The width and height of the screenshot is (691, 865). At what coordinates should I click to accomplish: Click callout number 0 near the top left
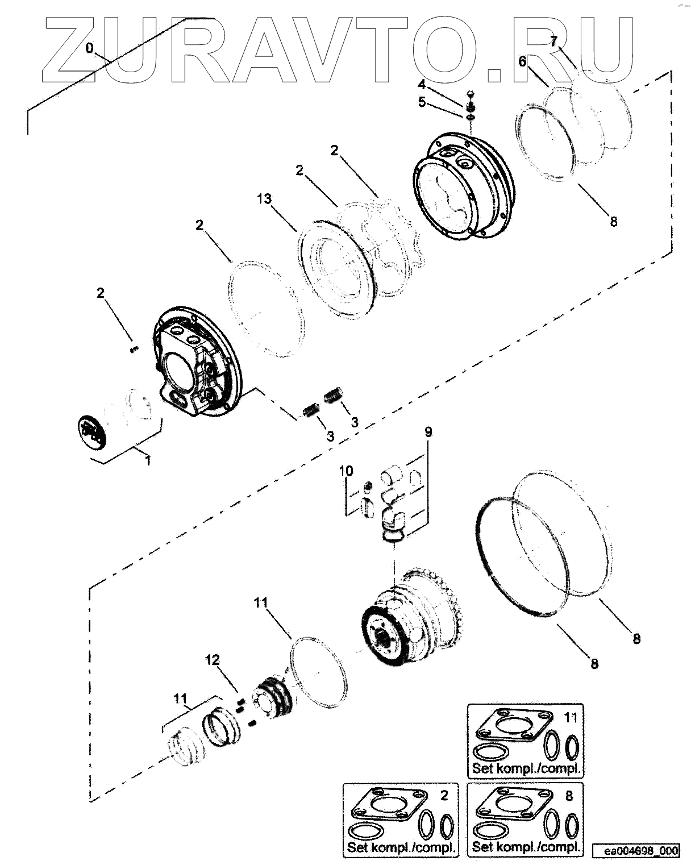click(89, 49)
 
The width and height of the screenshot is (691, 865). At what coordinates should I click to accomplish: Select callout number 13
click(264, 199)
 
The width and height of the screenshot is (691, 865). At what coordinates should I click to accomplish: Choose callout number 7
click(554, 40)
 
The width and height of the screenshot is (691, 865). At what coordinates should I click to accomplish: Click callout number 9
click(428, 432)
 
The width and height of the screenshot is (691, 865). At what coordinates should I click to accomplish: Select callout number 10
click(346, 471)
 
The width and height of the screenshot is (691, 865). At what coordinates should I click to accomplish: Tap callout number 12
click(213, 660)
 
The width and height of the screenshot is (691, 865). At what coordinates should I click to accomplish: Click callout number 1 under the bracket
click(148, 460)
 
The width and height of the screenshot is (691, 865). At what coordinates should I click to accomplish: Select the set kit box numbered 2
click(400, 820)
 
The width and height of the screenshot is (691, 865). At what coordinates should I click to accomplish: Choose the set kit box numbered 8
click(525, 820)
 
